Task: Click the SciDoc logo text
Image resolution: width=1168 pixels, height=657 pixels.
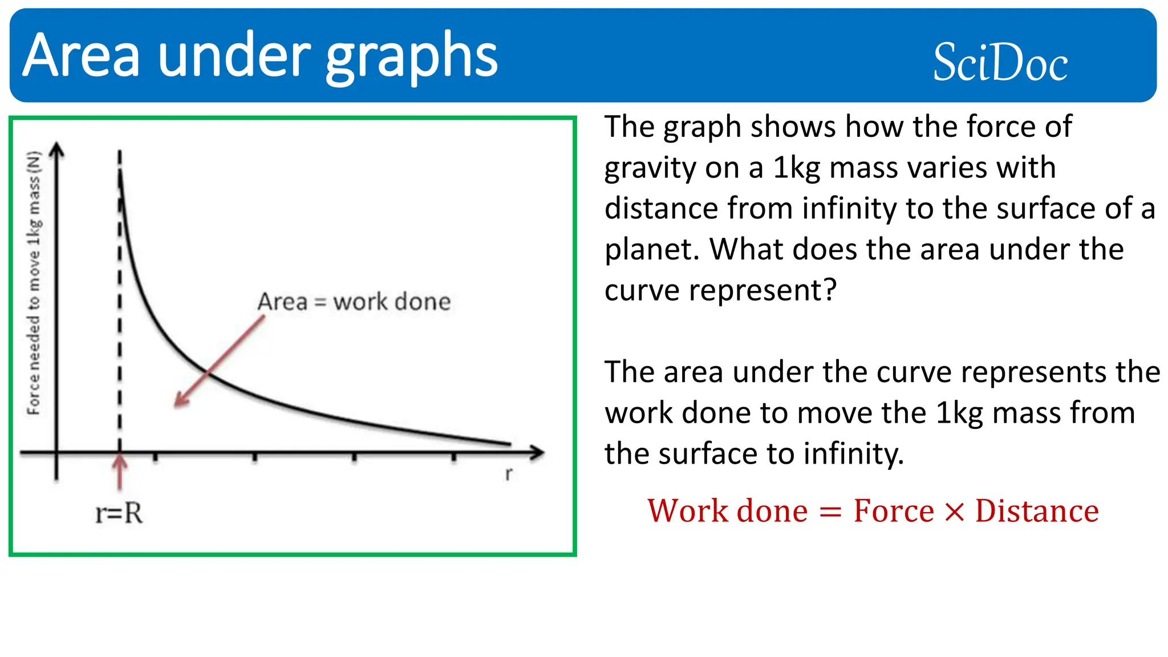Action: [x=1000, y=62]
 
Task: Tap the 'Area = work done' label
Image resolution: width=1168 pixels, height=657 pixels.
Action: [x=354, y=302]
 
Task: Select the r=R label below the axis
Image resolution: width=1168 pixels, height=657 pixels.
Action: [x=119, y=513]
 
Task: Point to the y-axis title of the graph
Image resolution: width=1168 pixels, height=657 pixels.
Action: [x=34, y=282]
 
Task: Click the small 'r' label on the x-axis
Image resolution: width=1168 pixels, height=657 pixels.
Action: [x=508, y=473]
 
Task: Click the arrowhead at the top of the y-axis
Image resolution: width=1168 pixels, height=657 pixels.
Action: [x=56, y=149]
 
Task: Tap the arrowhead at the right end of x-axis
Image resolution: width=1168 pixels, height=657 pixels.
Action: [x=537, y=453]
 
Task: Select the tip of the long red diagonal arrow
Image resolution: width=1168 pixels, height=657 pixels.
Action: [x=177, y=404]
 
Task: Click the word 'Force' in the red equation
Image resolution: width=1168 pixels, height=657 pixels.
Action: [x=893, y=510]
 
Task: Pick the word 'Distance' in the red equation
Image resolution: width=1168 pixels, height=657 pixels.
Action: [x=1037, y=510]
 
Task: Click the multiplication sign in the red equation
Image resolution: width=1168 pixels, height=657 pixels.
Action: [x=954, y=512]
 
